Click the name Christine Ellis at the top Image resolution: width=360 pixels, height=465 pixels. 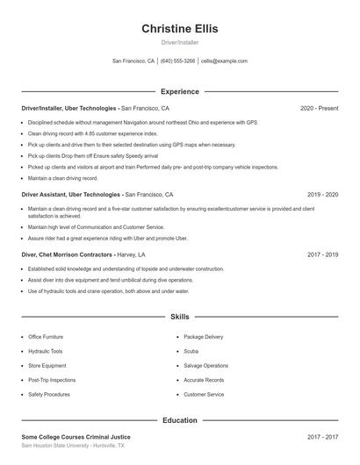coord(179,29)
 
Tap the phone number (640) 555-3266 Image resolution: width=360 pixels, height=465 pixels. coord(178,61)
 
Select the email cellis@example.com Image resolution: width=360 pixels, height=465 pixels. coord(224,61)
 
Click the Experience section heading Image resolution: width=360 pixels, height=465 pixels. coord(179,91)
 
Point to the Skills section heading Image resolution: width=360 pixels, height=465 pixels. coord(179,316)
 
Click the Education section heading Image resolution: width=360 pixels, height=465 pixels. coord(179,420)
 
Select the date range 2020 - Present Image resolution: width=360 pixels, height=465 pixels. coord(319,108)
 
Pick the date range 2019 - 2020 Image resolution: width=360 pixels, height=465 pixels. coord(322,194)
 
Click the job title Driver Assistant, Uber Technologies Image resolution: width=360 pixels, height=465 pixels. coord(71,194)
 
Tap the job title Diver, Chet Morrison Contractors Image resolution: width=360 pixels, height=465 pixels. coord(67,254)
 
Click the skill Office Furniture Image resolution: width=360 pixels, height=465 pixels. coord(46,337)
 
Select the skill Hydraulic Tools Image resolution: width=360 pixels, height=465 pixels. coord(45,351)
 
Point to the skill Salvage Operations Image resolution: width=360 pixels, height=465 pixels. coord(205,366)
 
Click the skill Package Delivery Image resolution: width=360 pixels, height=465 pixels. coord(203,337)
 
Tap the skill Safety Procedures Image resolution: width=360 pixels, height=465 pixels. coord(48,395)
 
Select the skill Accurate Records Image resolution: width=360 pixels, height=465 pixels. coord(203,380)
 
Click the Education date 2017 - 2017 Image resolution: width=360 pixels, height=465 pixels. coord(322,436)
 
